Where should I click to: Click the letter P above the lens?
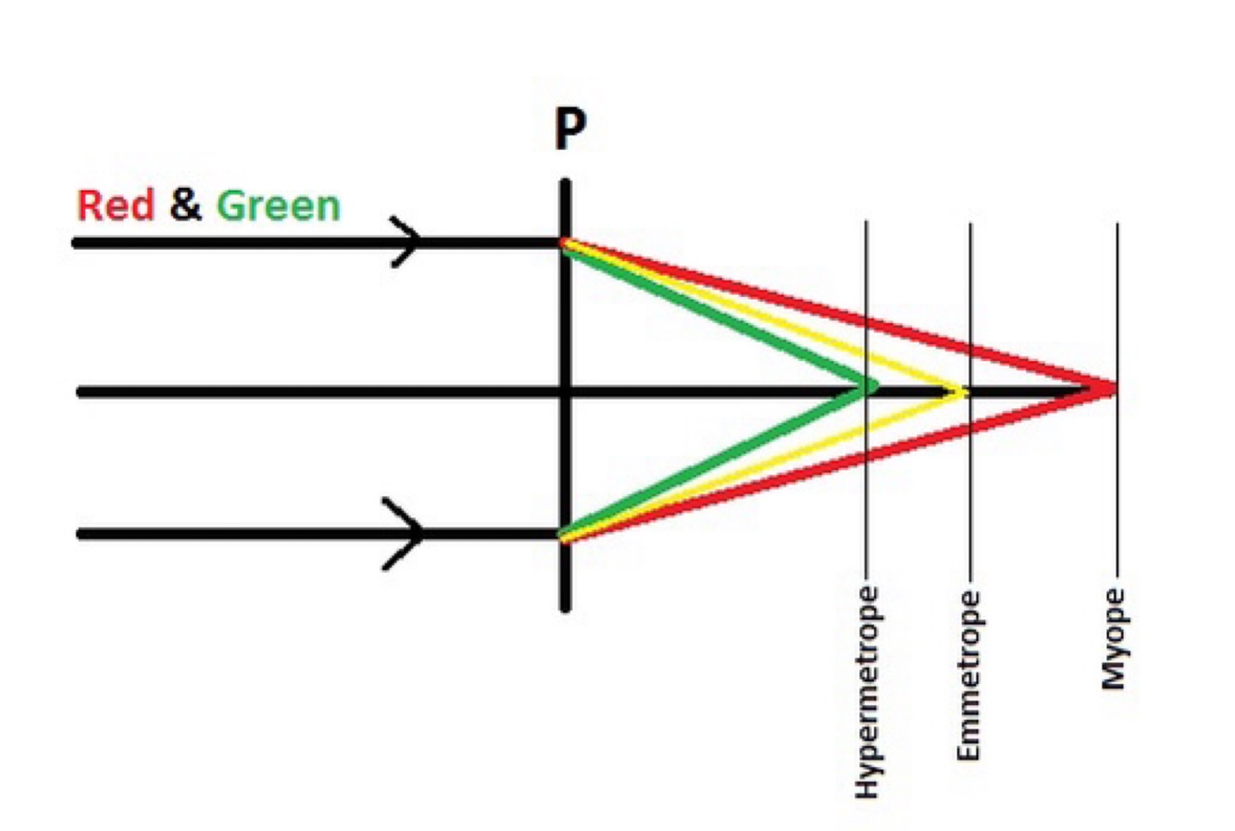570,129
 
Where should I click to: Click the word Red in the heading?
115,205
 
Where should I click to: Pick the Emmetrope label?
969,676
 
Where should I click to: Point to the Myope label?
1115,639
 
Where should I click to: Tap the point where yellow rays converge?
963,391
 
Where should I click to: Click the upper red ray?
833,315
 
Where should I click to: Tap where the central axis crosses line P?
566,391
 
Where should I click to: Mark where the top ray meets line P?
566,243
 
